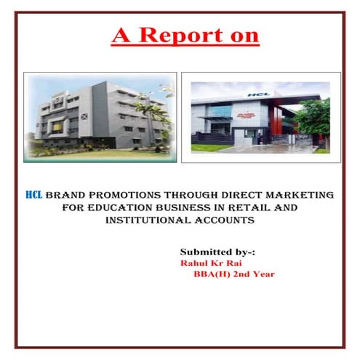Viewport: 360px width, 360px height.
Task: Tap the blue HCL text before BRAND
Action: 33,195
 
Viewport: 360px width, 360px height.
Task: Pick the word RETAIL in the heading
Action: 265,207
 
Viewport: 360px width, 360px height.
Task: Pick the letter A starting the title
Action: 121,34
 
